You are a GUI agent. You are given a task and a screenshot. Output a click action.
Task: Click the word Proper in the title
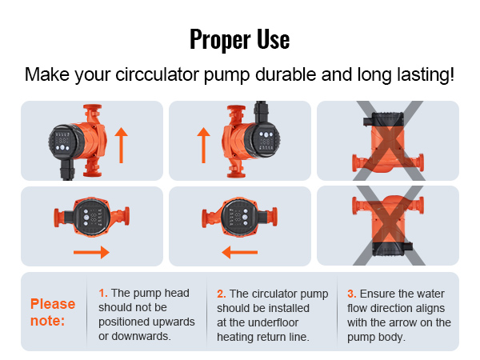220,39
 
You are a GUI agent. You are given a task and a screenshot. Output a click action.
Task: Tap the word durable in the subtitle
286,74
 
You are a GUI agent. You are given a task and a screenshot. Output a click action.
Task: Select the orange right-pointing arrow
91,253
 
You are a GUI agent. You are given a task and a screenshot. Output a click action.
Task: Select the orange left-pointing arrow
239,253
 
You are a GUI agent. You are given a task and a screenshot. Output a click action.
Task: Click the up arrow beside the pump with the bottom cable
122,145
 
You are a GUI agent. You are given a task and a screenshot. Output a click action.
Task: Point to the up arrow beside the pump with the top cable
203,145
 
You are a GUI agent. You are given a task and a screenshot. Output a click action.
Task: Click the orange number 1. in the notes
103,293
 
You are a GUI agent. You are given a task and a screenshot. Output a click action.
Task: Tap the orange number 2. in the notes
222,294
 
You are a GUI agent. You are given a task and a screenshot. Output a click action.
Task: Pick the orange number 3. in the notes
352,294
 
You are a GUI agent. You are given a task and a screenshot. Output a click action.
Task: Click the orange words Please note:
53,312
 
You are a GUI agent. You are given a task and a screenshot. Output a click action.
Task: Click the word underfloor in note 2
273,322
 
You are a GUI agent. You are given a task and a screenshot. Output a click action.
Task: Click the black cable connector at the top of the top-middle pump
261,111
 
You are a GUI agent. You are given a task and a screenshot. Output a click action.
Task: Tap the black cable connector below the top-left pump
67,169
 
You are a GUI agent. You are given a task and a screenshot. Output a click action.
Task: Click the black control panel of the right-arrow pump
91,217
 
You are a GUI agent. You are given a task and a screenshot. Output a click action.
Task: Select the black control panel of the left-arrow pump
239,217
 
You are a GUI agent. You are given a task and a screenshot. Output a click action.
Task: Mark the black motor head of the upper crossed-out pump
386,119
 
